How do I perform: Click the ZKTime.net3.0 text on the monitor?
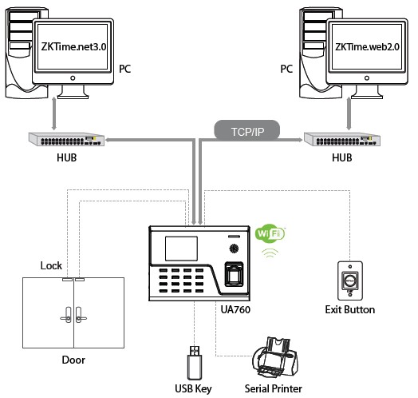click(x=74, y=46)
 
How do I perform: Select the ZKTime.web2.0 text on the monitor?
click(x=367, y=47)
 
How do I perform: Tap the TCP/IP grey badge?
click(x=247, y=130)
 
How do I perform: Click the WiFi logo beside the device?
click(x=270, y=233)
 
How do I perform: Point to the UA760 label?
click(x=235, y=309)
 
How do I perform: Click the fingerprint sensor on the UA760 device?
click(x=235, y=274)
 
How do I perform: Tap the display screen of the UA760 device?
click(x=181, y=249)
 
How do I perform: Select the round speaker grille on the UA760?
click(x=234, y=249)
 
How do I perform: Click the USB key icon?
click(x=195, y=363)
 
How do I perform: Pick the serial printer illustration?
click(x=274, y=356)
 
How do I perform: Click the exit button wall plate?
click(x=350, y=281)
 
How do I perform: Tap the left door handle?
click(x=67, y=315)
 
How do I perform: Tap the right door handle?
click(x=81, y=315)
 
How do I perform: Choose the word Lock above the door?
click(x=51, y=266)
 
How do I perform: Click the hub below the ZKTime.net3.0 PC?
click(x=66, y=139)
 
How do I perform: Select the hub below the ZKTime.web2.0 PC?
click(x=342, y=139)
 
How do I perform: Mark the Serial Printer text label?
click(x=274, y=388)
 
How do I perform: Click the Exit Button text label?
click(x=350, y=309)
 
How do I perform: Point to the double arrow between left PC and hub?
click(x=54, y=113)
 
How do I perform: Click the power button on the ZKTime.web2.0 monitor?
click(x=367, y=78)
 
